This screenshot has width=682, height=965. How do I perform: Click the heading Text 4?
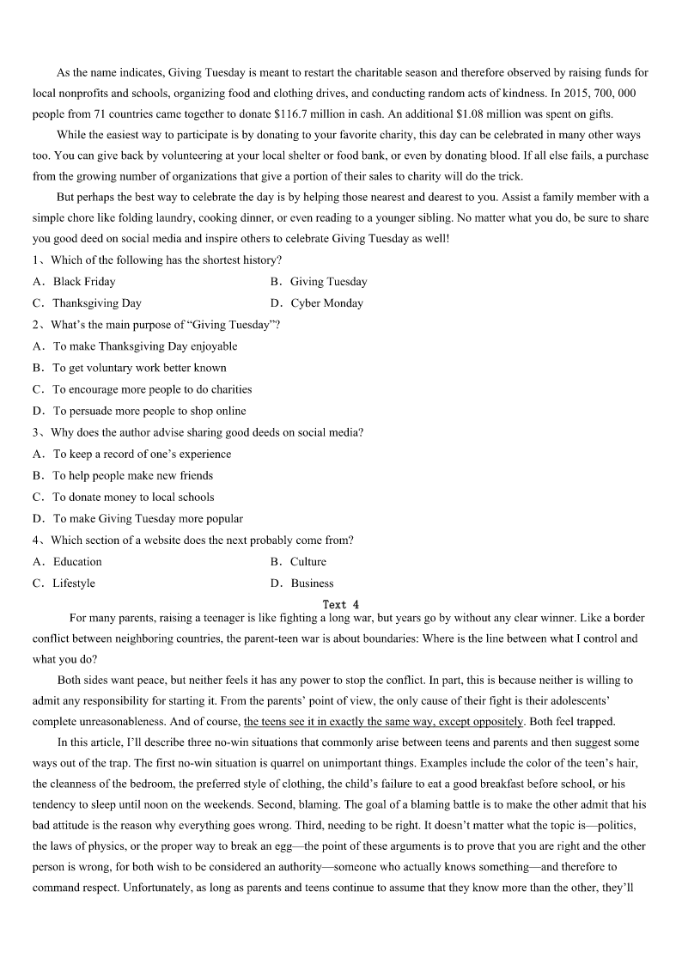341,605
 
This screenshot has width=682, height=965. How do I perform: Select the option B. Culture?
308,562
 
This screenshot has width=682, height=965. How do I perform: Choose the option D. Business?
312,583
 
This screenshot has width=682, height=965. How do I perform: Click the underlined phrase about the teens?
383,722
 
